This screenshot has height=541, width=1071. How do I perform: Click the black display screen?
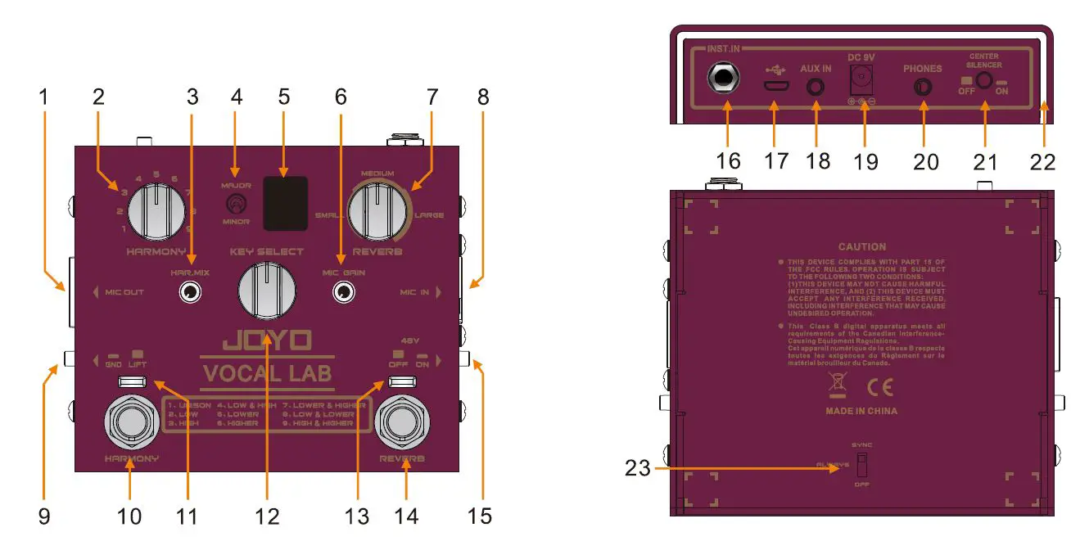pyautogui.click(x=285, y=202)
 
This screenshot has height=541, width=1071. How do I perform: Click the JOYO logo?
pyautogui.click(x=267, y=340)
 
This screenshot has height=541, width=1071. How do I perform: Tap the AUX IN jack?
pyautogui.click(x=816, y=86)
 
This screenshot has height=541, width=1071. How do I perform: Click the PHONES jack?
pyautogui.click(x=924, y=87)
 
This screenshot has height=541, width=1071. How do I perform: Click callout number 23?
pyautogui.click(x=638, y=468)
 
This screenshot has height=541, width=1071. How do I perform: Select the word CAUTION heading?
pyautogui.click(x=861, y=246)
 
